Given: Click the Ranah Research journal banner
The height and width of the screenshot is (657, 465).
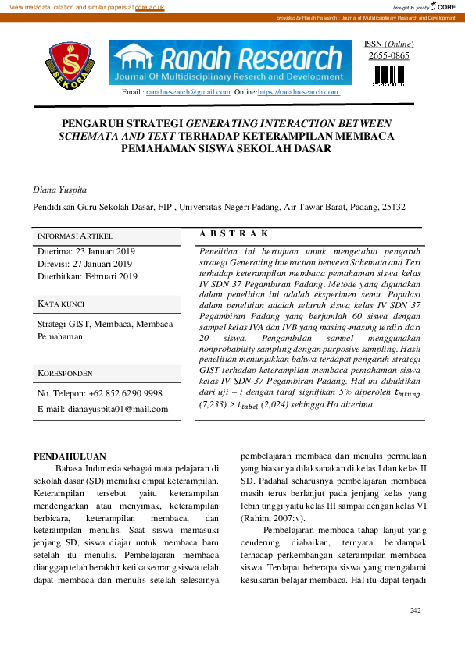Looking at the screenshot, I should [231, 62].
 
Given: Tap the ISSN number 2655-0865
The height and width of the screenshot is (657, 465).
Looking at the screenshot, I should [388, 55].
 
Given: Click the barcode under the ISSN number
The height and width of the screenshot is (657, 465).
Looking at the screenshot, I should [389, 75].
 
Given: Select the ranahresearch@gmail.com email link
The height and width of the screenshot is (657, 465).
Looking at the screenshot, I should [188, 92].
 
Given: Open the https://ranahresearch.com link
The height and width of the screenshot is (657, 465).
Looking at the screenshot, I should [299, 92].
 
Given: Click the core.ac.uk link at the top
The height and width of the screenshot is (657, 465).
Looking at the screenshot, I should [150, 7].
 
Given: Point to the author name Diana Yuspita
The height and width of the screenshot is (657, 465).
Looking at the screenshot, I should [59, 190].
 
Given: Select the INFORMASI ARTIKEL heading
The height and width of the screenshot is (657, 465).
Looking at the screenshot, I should [76, 236].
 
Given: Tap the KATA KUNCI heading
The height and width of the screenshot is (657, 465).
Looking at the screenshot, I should [61, 304].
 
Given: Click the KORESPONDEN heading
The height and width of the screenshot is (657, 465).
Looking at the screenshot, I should [65, 374].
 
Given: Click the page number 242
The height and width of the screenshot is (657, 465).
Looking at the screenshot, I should [416, 609].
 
